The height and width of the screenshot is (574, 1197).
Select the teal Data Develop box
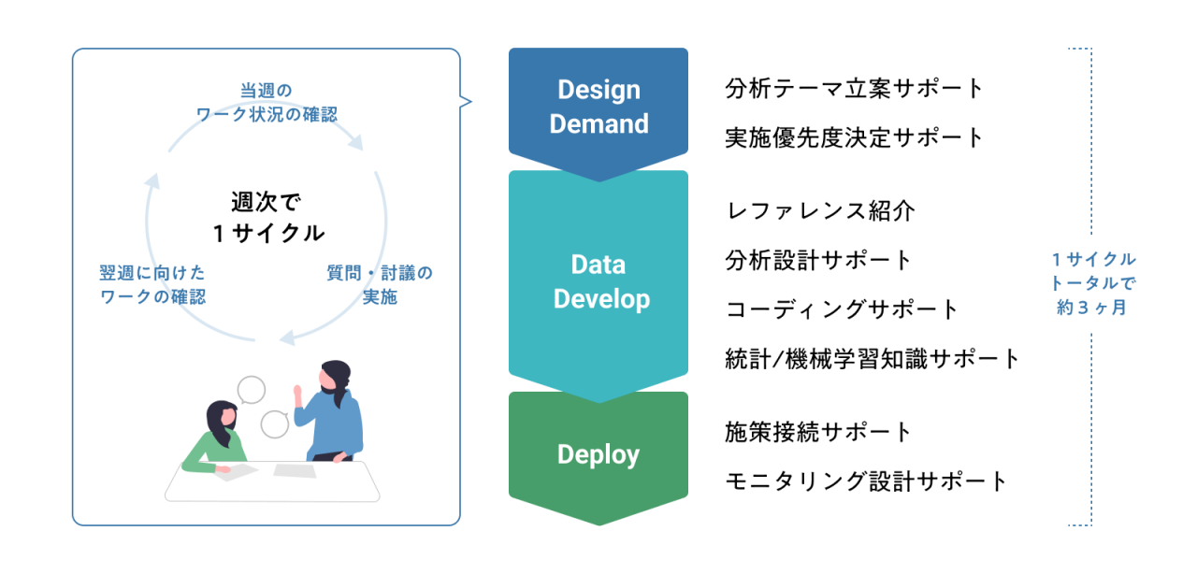[x=598, y=283]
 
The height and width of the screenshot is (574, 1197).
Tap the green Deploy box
[x=598, y=454]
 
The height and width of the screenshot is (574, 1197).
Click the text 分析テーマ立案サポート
[x=854, y=89]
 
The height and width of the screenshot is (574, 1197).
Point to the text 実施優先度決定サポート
[x=854, y=137]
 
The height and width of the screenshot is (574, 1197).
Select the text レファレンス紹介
[x=820, y=211]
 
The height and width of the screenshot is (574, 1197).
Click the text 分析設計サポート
[x=817, y=260]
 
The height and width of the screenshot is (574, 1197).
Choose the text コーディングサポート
[x=842, y=309]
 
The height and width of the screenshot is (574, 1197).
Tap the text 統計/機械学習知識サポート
[x=873, y=359]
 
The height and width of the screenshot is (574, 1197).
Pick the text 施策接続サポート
[x=817, y=432]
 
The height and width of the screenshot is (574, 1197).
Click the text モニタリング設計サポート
[x=866, y=481]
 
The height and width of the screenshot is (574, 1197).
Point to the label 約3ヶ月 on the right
[x=1091, y=308]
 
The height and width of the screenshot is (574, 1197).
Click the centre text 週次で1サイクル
[x=267, y=218]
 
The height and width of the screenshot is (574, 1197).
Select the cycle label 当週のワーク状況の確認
[x=267, y=102]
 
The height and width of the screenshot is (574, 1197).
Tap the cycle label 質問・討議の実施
[x=380, y=284]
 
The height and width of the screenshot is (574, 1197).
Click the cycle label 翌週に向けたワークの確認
[x=152, y=284]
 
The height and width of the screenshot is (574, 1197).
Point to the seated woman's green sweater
[x=214, y=452]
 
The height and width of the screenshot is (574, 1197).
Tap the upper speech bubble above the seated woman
[x=251, y=390]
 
